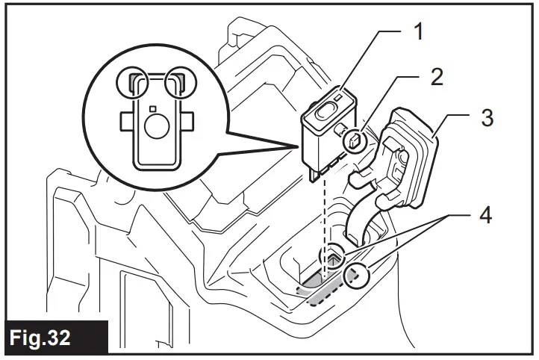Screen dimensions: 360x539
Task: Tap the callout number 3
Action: pos(487,119)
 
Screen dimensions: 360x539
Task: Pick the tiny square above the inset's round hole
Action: pos(153,109)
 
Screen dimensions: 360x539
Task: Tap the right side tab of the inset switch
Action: pos(188,120)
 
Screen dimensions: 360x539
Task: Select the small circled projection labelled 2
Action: pos(355,138)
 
